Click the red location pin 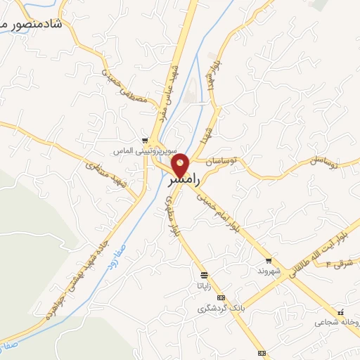(181, 165)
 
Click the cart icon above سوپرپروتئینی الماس (144, 141)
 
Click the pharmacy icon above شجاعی (340, 311)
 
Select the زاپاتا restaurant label (203, 286)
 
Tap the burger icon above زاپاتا (204, 275)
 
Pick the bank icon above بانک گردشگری (221, 298)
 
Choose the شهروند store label (269, 271)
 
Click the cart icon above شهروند (262, 260)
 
